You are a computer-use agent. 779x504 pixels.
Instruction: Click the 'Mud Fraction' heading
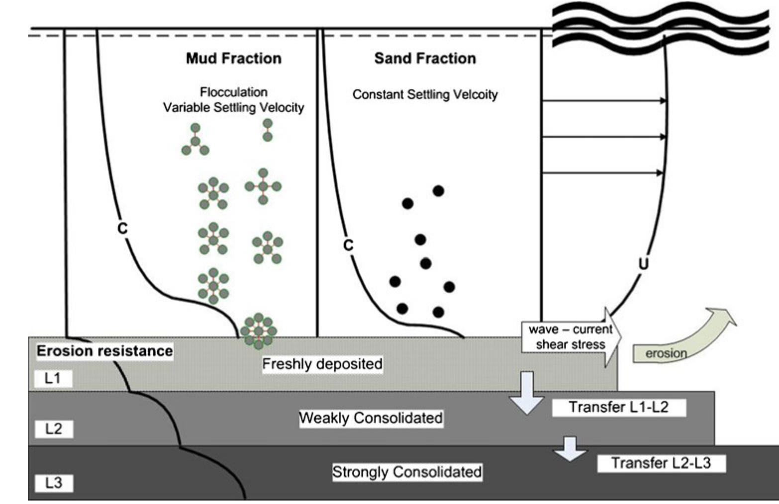click(233, 59)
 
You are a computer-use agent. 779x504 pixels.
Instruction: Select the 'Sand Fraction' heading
click(425, 59)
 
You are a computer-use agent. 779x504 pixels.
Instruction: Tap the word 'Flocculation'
click(233, 92)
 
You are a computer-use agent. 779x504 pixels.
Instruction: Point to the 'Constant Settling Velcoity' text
click(425, 94)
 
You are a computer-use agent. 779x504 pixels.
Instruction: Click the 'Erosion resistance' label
click(104, 351)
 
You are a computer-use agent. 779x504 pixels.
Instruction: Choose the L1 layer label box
click(53, 378)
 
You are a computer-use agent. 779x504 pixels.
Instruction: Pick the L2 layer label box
click(54, 428)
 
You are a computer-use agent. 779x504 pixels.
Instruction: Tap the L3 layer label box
click(54, 483)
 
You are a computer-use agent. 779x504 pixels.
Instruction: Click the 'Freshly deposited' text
click(322, 364)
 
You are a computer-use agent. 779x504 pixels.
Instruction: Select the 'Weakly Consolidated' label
click(371, 418)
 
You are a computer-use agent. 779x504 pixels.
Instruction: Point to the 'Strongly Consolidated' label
click(407, 472)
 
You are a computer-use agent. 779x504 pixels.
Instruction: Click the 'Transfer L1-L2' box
click(618, 407)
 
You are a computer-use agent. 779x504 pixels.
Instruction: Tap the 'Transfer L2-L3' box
click(661, 463)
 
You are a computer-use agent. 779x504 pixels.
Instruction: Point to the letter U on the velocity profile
click(644, 263)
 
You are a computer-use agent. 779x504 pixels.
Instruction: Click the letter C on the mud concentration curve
click(122, 228)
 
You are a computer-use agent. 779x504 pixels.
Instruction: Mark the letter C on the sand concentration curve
click(348, 245)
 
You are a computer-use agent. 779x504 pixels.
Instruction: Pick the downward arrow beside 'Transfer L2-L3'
click(570, 448)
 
